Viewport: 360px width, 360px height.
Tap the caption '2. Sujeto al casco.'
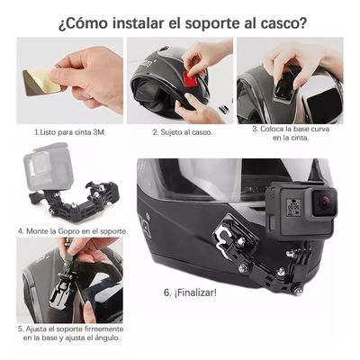point(180,131)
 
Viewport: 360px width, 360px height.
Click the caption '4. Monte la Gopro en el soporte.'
point(73,230)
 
